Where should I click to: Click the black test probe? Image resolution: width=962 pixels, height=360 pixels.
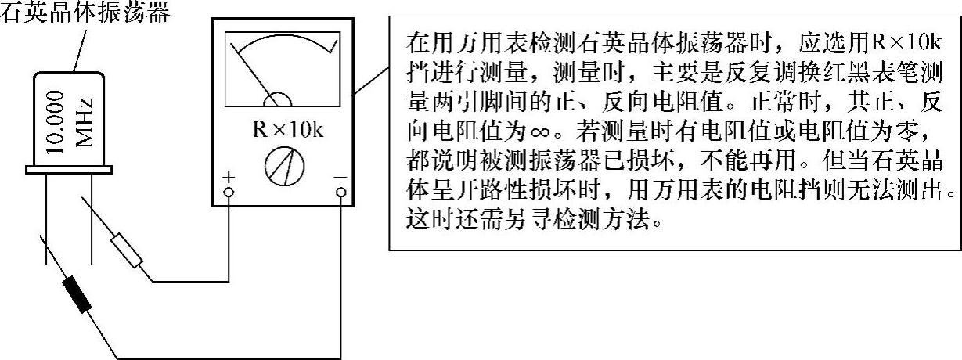[75, 290]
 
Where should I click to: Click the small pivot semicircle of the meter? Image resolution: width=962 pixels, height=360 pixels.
[277, 99]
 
